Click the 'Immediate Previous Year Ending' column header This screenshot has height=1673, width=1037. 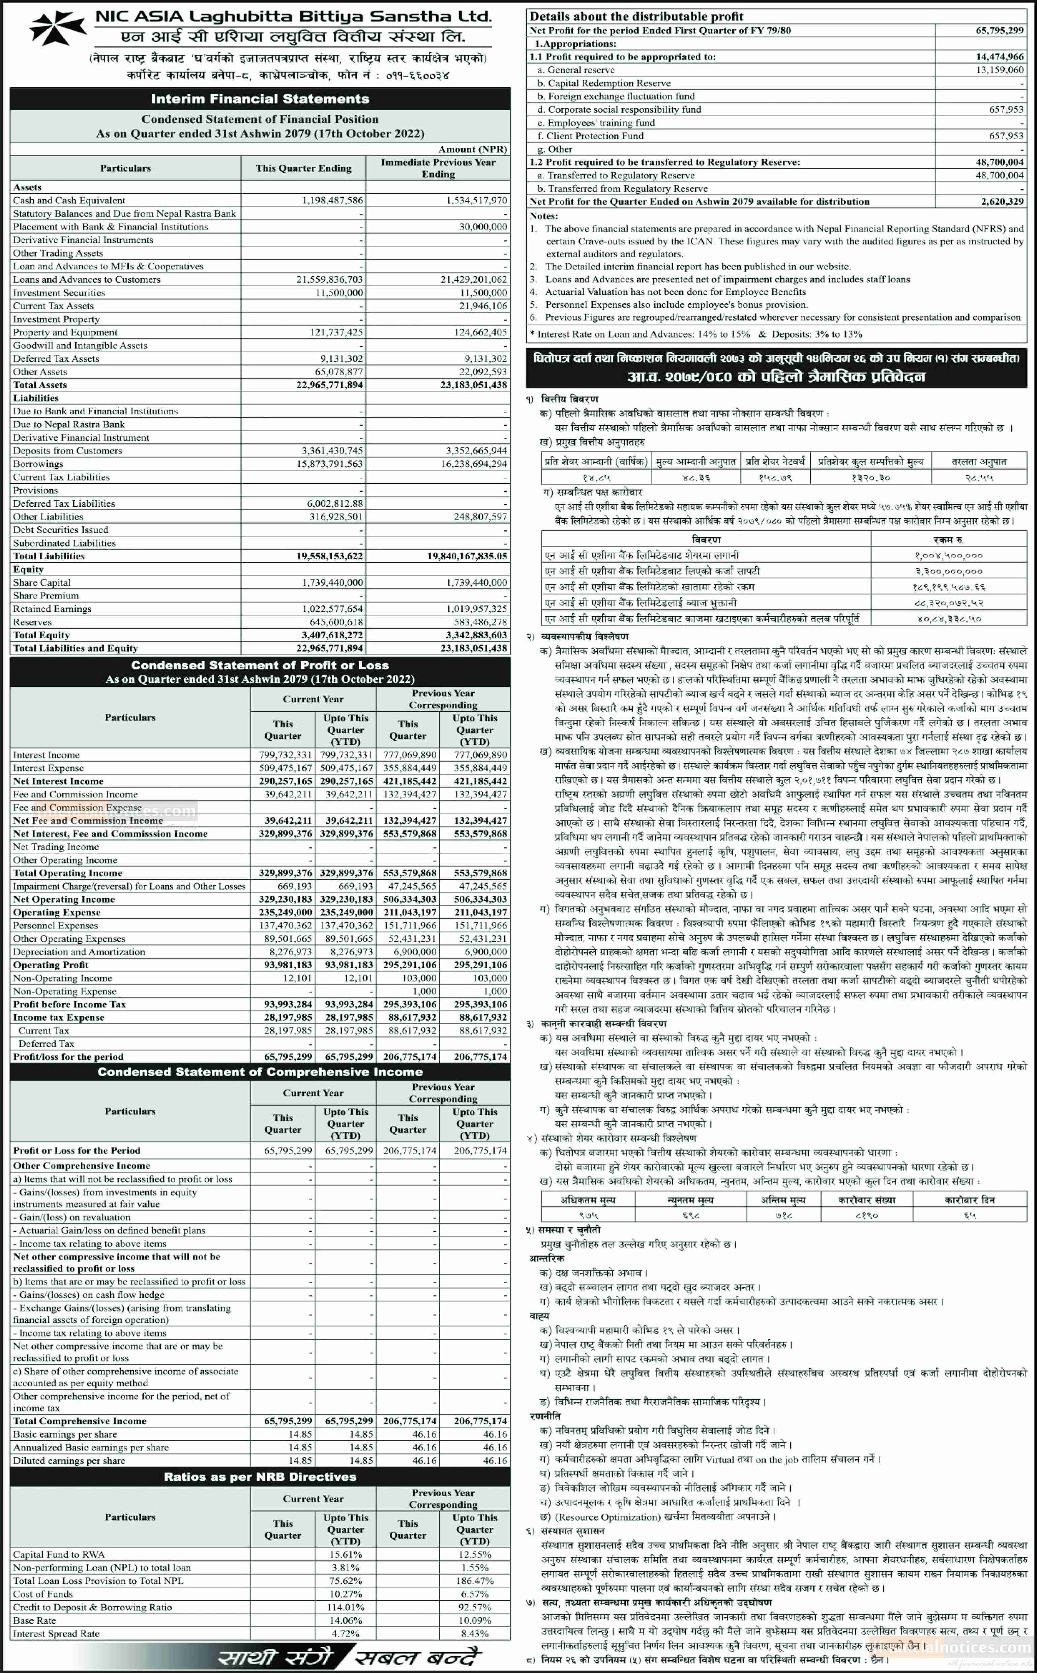438,168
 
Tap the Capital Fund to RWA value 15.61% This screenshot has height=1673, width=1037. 346,1554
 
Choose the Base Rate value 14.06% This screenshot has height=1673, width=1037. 346,1620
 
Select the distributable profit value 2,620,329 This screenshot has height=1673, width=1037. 1002,202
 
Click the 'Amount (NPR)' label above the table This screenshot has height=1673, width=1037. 473,149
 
